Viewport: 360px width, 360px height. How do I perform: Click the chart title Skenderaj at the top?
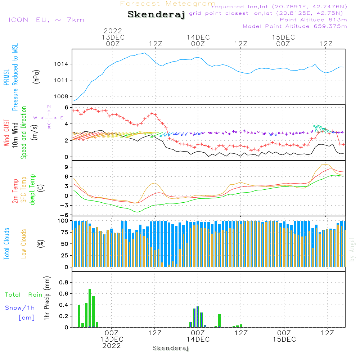click(x=156, y=15)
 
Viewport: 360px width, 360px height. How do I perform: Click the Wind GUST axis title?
click(x=6, y=133)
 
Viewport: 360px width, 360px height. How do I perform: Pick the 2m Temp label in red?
click(x=15, y=190)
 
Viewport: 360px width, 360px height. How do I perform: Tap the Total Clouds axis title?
click(x=6, y=243)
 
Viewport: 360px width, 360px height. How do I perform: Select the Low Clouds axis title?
click(x=24, y=243)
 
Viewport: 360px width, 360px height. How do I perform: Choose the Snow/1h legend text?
click(x=20, y=308)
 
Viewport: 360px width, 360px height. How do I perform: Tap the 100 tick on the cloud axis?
click(x=63, y=220)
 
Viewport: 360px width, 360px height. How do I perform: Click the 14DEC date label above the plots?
click(x=198, y=37)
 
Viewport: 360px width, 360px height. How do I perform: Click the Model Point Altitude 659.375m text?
click(x=294, y=26)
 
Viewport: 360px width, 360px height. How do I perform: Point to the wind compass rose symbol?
click(x=49, y=117)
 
